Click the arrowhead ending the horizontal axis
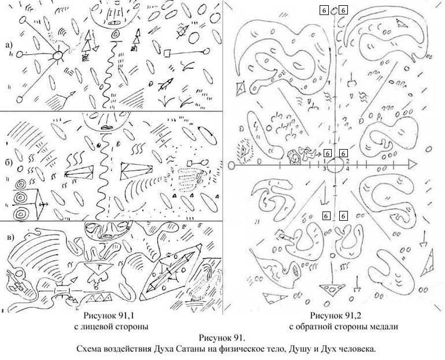(x=413, y=164)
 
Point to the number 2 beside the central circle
(x=347, y=161)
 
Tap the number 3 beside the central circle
(x=324, y=169)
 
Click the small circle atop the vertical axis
(x=334, y=11)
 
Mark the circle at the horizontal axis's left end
(x=231, y=165)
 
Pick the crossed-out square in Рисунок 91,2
(x=241, y=87)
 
